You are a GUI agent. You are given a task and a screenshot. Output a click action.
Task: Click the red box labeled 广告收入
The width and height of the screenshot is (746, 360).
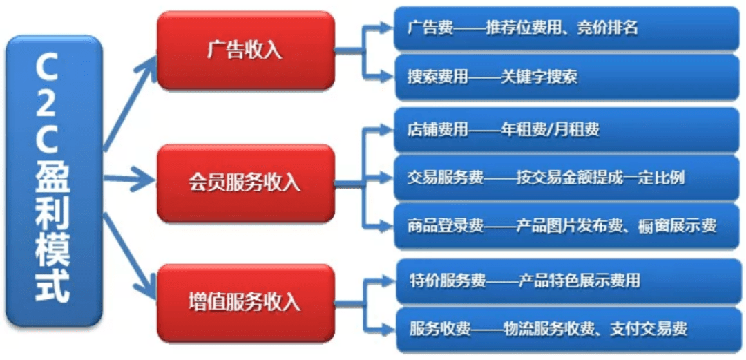tap(245, 50)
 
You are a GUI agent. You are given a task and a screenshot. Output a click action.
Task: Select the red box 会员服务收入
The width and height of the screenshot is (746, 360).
tap(245, 183)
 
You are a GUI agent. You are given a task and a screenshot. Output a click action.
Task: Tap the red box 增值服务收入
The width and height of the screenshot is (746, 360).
tap(245, 303)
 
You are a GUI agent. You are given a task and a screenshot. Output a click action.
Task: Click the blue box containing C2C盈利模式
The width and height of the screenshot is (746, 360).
tap(54, 180)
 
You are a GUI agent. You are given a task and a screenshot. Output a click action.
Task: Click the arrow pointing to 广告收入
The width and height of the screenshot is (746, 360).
tap(130, 102)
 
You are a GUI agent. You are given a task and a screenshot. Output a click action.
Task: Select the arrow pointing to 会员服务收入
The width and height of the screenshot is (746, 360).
tap(130, 179)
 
